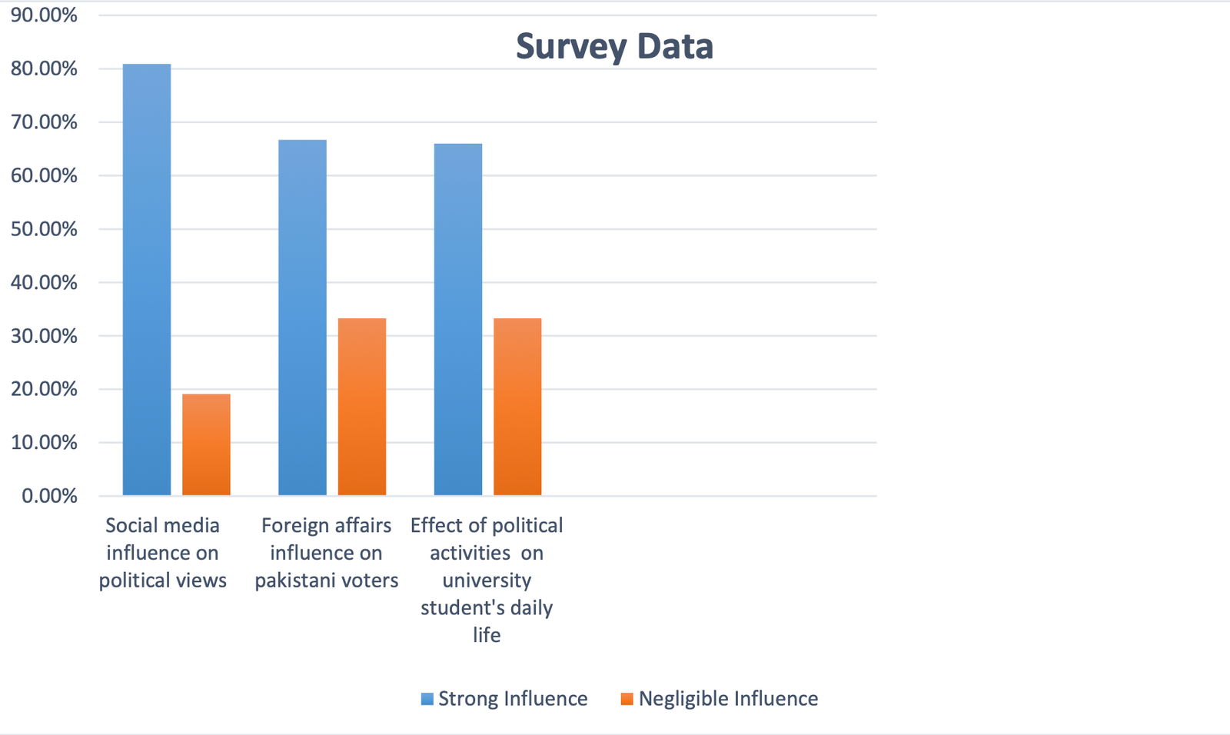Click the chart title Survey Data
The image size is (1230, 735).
[x=614, y=46]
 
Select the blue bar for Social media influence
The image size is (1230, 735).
[x=147, y=280]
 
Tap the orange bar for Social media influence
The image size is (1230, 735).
[x=206, y=444]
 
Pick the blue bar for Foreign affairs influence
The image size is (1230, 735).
[x=302, y=318]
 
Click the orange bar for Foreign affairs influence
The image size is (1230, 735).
[x=362, y=407]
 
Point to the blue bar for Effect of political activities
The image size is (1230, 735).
[x=458, y=319]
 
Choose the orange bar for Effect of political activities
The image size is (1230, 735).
[x=517, y=407]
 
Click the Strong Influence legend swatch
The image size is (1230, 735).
[x=427, y=699]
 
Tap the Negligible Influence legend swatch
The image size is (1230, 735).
[x=627, y=699]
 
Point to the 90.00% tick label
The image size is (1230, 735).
[x=44, y=15]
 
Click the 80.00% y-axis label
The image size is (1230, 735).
[x=44, y=69]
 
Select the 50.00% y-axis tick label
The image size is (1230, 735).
[x=44, y=229]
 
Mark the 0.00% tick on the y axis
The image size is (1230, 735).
[x=49, y=496]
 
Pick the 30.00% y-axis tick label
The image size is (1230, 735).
[x=44, y=336]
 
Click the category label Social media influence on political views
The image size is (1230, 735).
[x=163, y=553]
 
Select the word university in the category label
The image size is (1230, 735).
[x=487, y=580]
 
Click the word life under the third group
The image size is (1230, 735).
[x=487, y=635]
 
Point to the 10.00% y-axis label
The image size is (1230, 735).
[x=44, y=443]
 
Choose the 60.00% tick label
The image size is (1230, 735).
[x=44, y=176]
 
